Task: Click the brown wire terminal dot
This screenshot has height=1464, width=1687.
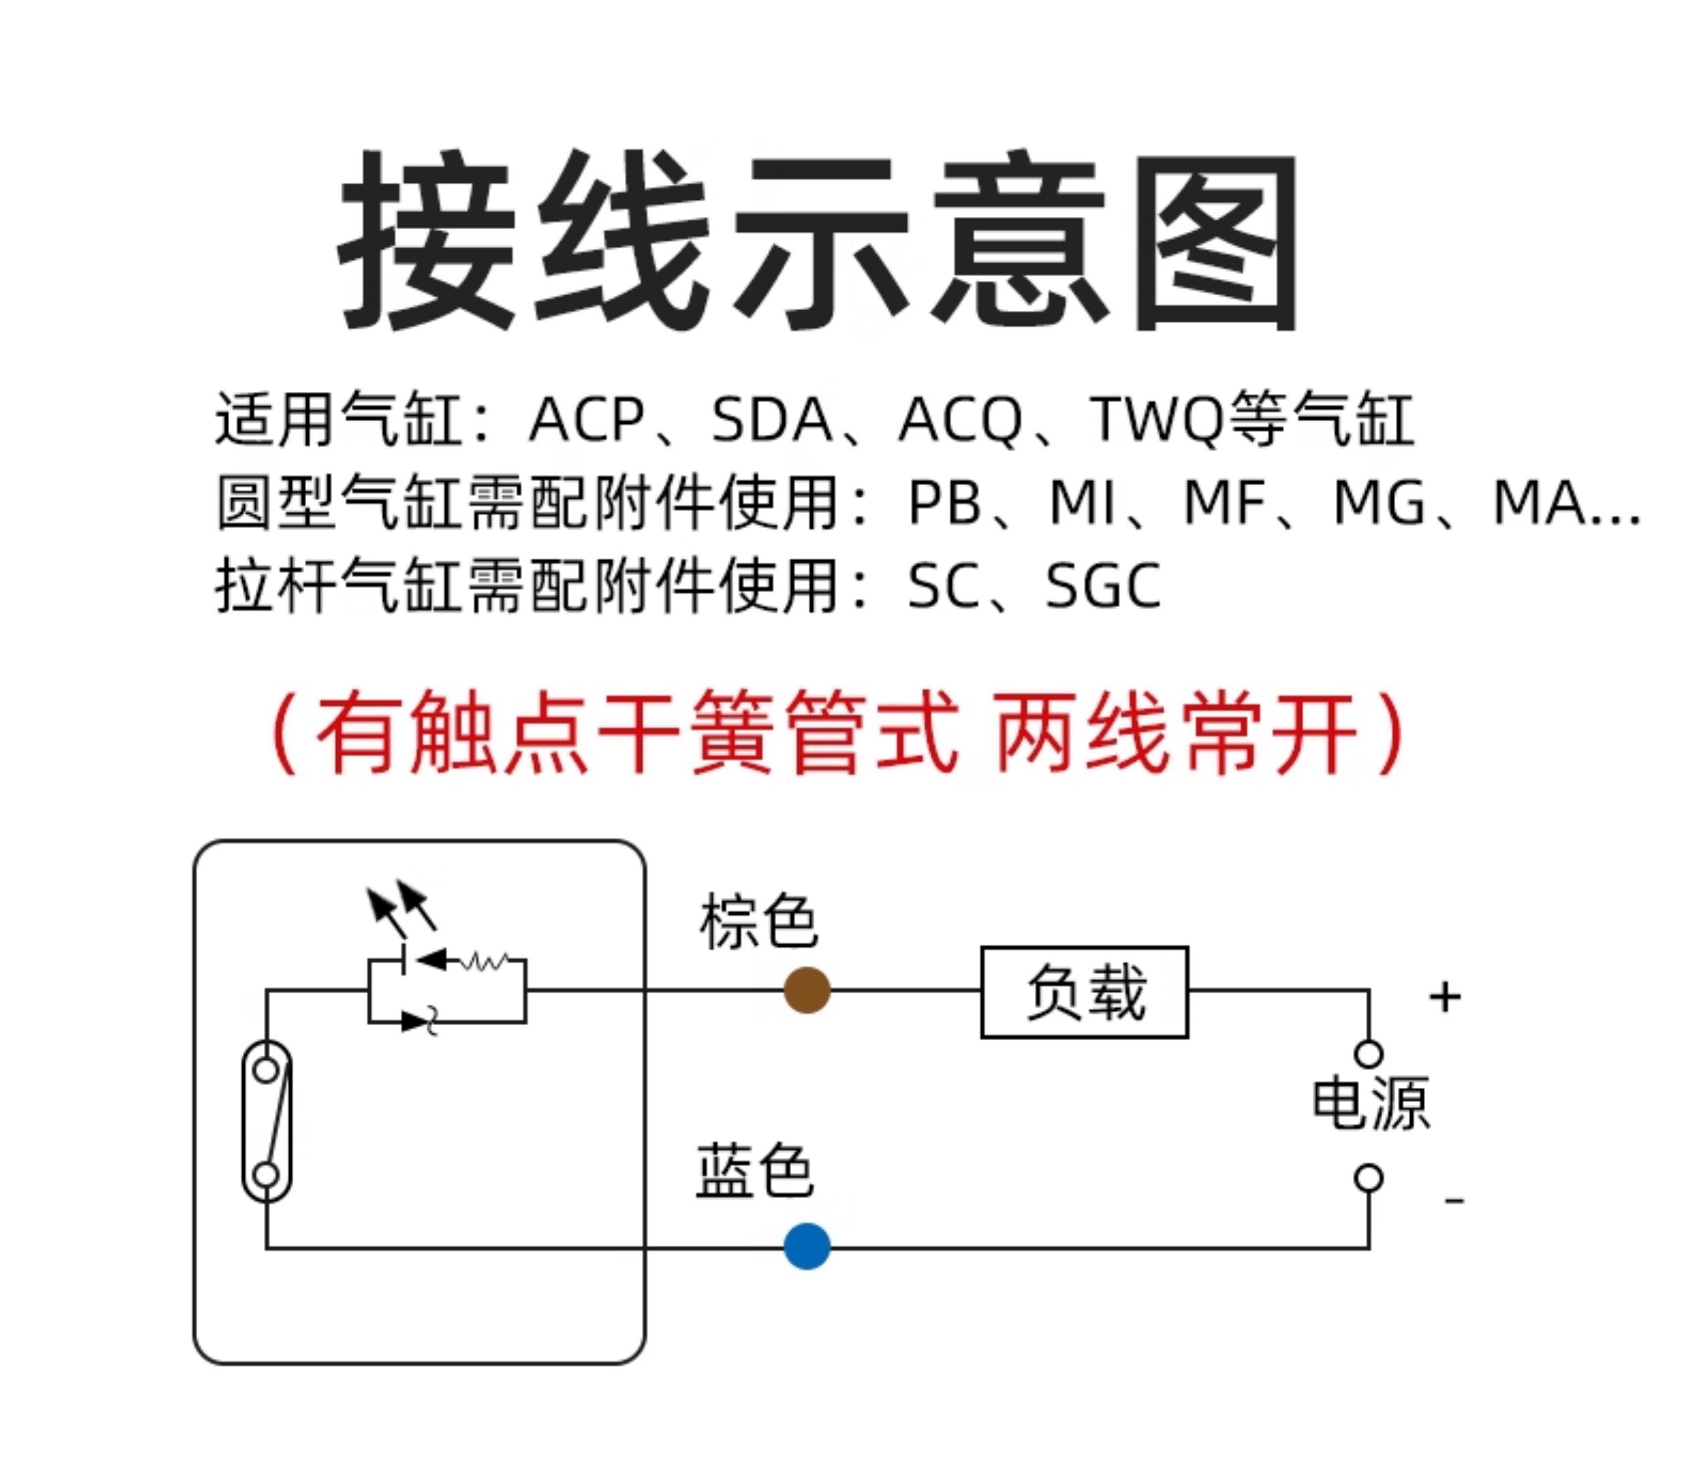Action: (806, 990)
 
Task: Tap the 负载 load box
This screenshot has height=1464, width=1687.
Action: (1084, 992)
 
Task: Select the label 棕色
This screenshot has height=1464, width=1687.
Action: (757, 922)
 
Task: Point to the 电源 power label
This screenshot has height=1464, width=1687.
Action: (1371, 1103)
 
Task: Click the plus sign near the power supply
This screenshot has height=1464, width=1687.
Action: (1444, 997)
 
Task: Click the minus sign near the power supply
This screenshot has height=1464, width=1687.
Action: (1454, 1199)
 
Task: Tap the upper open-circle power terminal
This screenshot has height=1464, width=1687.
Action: (1369, 1053)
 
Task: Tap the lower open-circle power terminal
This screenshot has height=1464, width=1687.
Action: (1369, 1178)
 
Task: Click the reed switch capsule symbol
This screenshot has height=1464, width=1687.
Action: (267, 1122)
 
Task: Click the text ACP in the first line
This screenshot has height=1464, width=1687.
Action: (586, 420)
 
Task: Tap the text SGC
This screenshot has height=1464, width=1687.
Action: (1103, 586)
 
